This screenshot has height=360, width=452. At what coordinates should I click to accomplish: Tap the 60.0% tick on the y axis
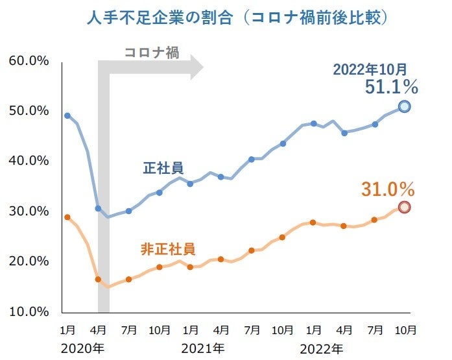29,61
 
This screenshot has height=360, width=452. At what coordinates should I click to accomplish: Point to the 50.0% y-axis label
29,111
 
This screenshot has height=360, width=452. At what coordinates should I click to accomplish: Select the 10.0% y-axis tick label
29,311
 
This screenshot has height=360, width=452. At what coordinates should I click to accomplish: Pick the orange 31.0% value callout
388,189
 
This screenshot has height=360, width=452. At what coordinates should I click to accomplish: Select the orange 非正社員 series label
168,248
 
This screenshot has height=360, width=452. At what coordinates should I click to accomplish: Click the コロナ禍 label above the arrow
152,53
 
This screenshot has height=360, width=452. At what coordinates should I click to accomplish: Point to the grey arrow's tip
202,67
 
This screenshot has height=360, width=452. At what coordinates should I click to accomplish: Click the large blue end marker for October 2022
404,106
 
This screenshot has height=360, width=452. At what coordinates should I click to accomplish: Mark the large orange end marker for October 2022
404,207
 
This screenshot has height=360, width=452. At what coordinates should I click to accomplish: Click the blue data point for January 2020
67,115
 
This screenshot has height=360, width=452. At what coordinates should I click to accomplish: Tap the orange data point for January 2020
67,217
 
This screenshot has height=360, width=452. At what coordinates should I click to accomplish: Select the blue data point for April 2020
98,209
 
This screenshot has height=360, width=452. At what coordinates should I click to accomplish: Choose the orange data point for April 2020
98,279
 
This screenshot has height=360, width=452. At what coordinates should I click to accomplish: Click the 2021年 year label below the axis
203,349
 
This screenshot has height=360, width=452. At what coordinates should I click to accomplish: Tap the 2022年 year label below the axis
322,349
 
